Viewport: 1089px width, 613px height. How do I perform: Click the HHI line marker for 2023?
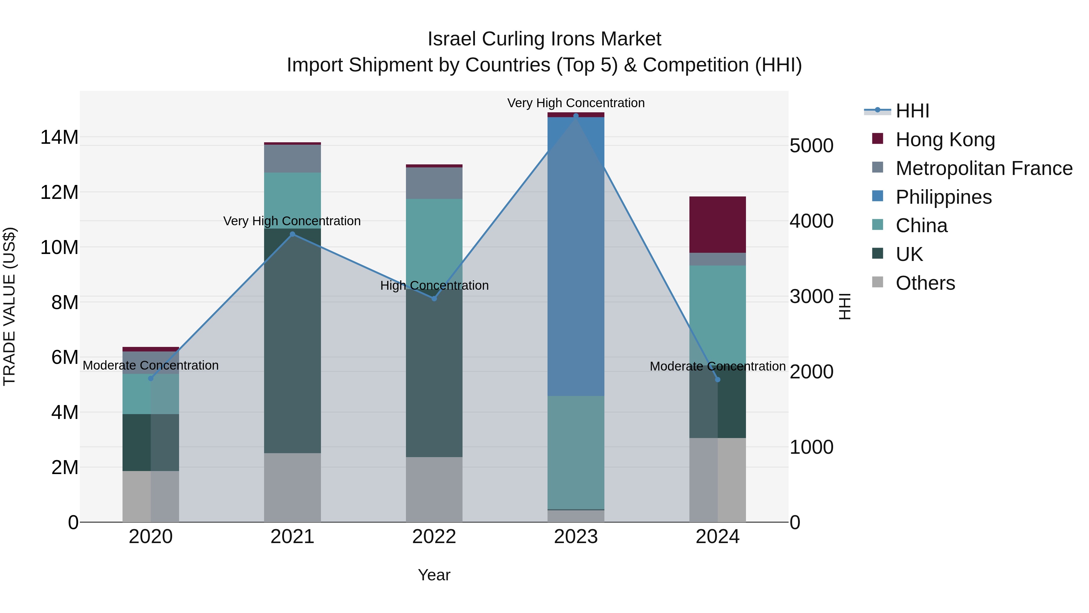[x=576, y=116]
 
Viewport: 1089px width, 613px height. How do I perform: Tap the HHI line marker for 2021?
[x=292, y=234]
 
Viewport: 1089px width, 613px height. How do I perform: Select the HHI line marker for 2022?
[x=434, y=299]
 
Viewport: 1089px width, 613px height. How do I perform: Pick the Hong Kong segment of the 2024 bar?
[x=718, y=225]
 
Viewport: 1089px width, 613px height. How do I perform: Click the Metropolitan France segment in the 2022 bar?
[x=434, y=183]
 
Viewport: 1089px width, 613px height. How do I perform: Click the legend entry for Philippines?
[x=943, y=197]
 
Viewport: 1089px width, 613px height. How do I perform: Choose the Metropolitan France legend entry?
[x=983, y=168]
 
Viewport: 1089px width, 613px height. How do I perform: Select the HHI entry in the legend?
[x=912, y=111]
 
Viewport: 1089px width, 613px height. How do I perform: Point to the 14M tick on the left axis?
[x=59, y=137]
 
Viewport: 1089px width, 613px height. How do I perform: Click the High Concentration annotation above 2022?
[x=434, y=285]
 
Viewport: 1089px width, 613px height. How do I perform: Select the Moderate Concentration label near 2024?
[x=718, y=366]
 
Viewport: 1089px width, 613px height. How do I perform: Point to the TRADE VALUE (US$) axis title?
[x=9, y=306]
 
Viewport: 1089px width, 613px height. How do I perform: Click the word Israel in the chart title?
[x=452, y=39]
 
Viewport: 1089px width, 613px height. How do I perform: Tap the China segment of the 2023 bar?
[x=576, y=452]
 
